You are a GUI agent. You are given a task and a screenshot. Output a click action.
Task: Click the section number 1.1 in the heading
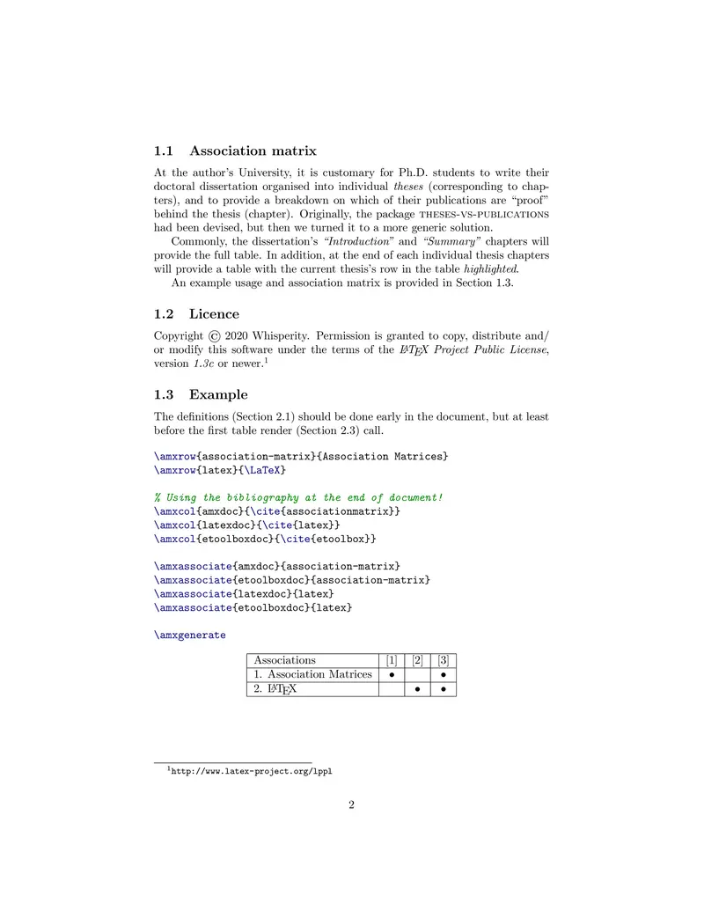click(165, 151)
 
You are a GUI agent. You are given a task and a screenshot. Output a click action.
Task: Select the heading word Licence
click(214, 313)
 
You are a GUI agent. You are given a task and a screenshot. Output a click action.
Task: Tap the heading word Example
click(218, 394)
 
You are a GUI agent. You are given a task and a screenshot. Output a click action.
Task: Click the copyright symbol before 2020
click(215, 335)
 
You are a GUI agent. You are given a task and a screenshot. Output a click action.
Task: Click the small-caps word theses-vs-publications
click(476, 213)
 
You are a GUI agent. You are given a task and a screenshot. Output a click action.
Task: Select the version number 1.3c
click(204, 364)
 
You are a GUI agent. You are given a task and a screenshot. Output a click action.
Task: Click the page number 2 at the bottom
click(351, 804)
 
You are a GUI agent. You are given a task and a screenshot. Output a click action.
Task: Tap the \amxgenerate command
click(189, 635)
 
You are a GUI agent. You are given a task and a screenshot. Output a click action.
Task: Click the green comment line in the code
click(298, 497)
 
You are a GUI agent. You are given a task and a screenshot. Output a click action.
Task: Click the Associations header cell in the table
click(284, 659)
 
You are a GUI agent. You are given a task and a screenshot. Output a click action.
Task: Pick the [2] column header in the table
click(417, 659)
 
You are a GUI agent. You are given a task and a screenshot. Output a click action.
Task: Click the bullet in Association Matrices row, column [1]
click(391, 674)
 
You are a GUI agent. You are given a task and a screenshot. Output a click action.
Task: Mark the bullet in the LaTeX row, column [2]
click(417, 688)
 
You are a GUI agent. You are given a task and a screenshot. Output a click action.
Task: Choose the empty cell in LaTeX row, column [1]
click(391, 688)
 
